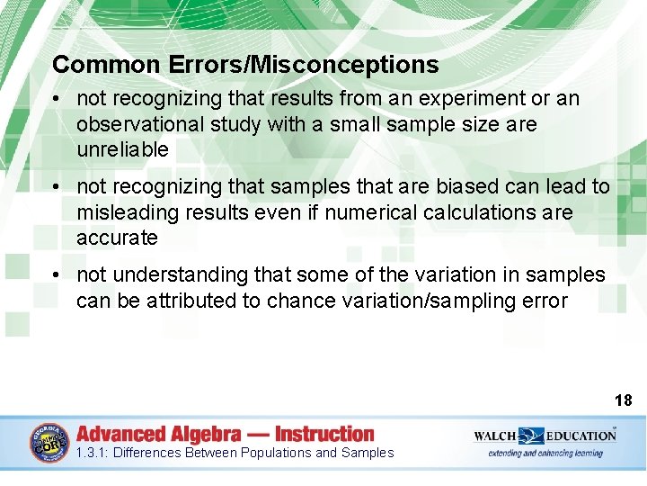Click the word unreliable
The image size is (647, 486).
[x=122, y=149]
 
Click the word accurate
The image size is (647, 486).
[x=117, y=238]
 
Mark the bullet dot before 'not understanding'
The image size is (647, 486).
[x=57, y=274]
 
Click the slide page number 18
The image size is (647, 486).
[x=623, y=400]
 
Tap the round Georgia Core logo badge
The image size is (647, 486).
[x=49, y=442]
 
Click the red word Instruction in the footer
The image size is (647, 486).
[x=324, y=434]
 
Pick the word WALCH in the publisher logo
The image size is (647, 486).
[x=495, y=436]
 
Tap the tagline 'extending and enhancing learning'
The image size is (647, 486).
[x=545, y=454]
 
